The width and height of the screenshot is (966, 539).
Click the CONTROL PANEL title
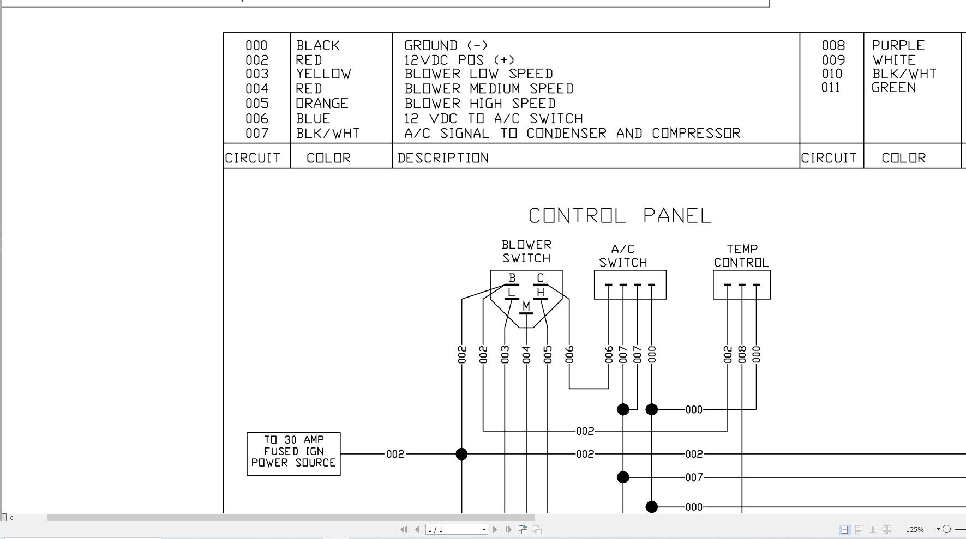(x=620, y=216)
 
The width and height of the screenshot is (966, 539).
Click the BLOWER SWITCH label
(x=526, y=251)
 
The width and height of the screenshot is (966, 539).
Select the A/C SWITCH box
(x=630, y=284)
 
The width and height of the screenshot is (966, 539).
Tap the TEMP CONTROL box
(x=742, y=284)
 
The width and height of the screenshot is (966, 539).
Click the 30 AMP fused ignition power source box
(x=293, y=453)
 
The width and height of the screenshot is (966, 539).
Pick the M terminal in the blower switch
(x=526, y=307)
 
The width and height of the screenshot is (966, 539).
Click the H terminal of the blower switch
(x=540, y=293)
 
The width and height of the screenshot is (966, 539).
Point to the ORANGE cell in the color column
(x=322, y=104)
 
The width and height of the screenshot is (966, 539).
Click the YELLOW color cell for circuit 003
(x=323, y=74)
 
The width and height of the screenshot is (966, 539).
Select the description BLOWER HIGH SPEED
(x=480, y=104)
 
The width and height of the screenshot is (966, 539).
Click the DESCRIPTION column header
(x=443, y=158)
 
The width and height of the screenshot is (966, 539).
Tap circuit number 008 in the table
(x=833, y=45)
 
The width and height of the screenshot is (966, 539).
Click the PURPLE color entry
(x=898, y=45)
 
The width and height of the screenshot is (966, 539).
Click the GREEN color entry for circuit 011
(x=893, y=88)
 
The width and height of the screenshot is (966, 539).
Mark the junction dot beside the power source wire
(x=461, y=454)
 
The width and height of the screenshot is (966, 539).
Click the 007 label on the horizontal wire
(x=694, y=477)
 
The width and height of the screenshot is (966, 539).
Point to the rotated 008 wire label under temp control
(x=742, y=354)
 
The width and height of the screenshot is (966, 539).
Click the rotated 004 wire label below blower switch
(x=526, y=354)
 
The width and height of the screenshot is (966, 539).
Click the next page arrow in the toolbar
(x=495, y=529)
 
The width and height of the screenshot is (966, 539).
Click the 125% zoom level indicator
(x=915, y=529)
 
